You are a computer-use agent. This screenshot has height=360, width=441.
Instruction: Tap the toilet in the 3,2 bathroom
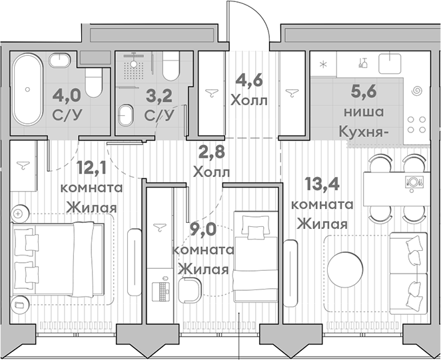click(x=172, y=68)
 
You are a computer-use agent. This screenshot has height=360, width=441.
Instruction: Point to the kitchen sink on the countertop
click(x=390, y=63)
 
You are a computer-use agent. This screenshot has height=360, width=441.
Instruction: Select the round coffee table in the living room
click(x=347, y=268)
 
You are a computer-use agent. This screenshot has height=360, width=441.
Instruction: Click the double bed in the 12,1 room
click(x=59, y=259)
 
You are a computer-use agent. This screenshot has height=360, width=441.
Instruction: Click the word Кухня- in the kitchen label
click(x=363, y=131)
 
